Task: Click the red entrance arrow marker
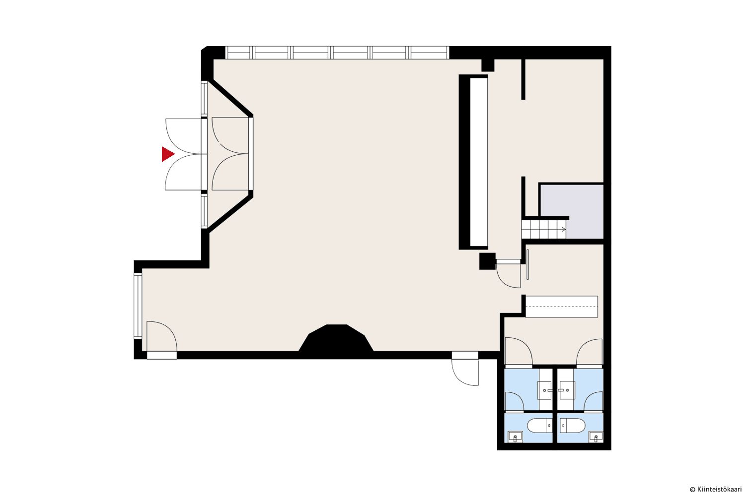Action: (x=167, y=154)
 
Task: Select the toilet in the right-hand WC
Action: (x=572, y=426)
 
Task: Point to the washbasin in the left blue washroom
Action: (x=545, y=390)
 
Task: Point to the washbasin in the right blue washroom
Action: (x=567, y=390)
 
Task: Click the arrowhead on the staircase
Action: (x=563, y=229)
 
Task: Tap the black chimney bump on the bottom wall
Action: (x=336, y=339)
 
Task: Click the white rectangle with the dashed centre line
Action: (x=561, y=307)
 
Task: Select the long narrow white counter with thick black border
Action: (x=474, y=162)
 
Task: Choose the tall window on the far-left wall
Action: (x=138, y=306)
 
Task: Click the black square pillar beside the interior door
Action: (x=487, y=261)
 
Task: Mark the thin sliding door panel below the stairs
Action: (x=527, y=264)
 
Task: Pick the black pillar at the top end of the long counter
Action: (x=488, y=65)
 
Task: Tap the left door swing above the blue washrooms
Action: (x=519, y=351)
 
